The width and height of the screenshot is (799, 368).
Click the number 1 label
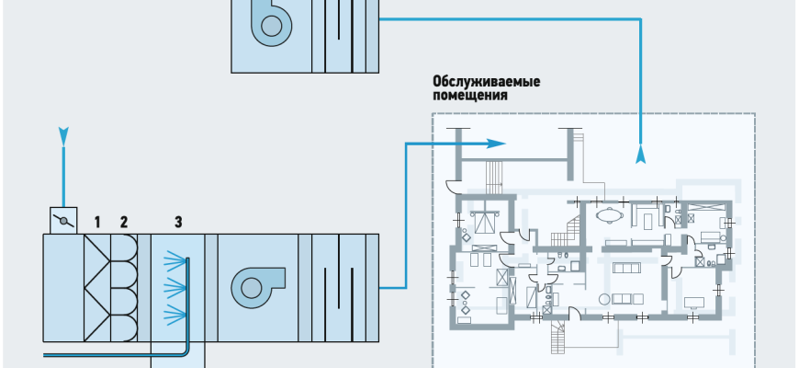click(96, 220)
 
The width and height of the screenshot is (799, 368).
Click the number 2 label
click(123, 220)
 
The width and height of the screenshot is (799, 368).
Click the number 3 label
click(178, 220)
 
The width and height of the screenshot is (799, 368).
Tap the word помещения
click(470, 95)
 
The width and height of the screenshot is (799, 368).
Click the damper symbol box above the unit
click(62, 221)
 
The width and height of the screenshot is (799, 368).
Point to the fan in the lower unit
click(252, 286)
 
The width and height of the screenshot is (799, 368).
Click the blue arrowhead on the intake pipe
click(62, 136)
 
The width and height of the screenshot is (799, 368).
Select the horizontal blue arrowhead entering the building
click(496, 144)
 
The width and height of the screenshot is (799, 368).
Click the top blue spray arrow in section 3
click(172, 261)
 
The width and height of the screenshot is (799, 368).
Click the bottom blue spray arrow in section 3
click(172, 318)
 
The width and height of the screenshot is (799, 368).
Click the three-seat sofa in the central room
click(629, 269)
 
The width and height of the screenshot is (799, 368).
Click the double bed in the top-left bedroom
click(484, 218)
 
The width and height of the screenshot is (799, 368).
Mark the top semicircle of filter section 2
click(126, 247)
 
